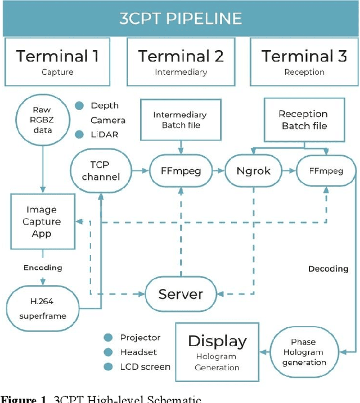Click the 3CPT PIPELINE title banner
point(180,18)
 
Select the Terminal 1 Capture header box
point(58,61)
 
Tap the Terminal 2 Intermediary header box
point(181,61)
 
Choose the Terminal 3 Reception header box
point(304,61)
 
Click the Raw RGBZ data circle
point(43,120)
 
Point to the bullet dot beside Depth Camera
point(79,106)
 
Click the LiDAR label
point(105,134)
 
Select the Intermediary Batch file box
point(180,120)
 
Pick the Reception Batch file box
point(304,119)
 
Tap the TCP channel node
point(101,170)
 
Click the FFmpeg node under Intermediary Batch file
point(180,170)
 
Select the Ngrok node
point(253,170)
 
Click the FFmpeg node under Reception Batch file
point(326,170)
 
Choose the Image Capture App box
point(43,221)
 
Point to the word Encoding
point(43,268)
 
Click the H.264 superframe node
point(43,308)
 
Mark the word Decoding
point(328,269)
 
